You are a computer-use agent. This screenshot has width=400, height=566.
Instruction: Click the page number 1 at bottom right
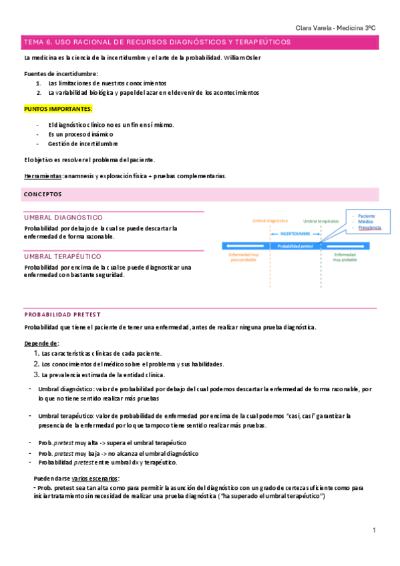tap(375, 530)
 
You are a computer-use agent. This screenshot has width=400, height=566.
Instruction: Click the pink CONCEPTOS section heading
tap(42, 194)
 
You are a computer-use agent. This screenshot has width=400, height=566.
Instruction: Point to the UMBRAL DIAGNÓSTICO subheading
tap(63, 218)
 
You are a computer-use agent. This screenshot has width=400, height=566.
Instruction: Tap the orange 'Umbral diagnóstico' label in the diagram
tap(270, 221)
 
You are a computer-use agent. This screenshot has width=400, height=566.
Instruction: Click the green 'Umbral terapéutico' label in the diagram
tap(321, 221)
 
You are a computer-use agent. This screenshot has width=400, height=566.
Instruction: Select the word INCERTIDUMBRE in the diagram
tap(295, 234)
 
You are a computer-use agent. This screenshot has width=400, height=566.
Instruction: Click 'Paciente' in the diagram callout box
tap(367, 216)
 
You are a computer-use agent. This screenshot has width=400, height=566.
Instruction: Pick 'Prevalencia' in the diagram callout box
tap(369, 228)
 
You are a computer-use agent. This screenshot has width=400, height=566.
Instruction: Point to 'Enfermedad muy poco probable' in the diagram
tap(244, 258)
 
